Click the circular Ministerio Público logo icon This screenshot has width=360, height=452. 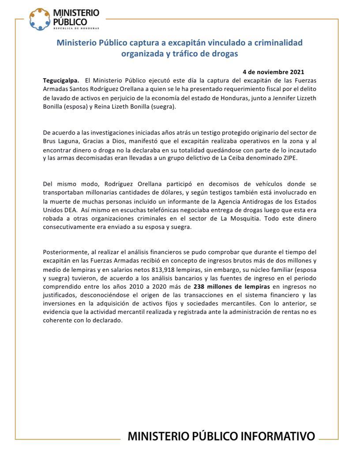tap(39, 19)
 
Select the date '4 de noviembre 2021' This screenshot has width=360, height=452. tap(273, 72)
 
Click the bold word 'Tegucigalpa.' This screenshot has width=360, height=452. tap(61, 80)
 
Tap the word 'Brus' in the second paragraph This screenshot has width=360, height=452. tap(50, 141)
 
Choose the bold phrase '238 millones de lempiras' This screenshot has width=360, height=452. tap(231, 286)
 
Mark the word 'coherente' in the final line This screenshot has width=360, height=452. tap(56, 321)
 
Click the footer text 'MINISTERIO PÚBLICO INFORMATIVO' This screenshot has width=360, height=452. tap(221, 437)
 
